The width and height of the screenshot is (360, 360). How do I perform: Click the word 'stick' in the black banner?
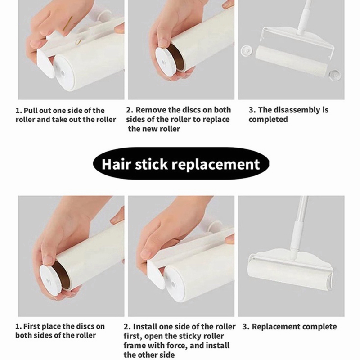(x=151, y=164)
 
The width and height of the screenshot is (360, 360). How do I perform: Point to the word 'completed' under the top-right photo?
(x=268, y=120)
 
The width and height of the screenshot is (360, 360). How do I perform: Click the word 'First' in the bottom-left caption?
(x=31, y=326)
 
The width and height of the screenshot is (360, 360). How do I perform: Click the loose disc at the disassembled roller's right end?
(x=334, y=76)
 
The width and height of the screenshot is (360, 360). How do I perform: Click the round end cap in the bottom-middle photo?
(x=176, y=285)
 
